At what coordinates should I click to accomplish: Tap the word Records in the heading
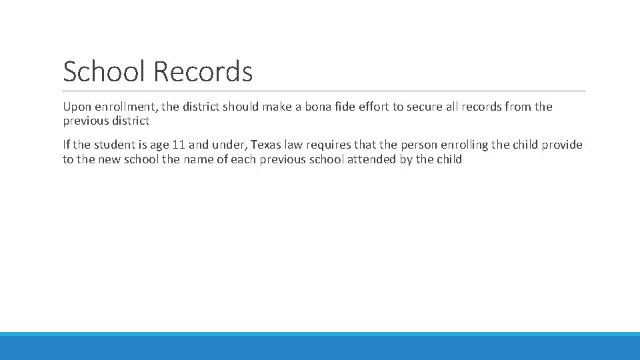point(203,71)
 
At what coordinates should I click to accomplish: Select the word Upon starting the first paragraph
point(76,107)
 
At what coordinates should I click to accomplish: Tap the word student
point(113,145)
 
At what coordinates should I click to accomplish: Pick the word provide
point(563,145)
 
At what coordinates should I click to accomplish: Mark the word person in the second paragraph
point(421,145)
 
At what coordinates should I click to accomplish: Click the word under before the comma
point(228,145)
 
